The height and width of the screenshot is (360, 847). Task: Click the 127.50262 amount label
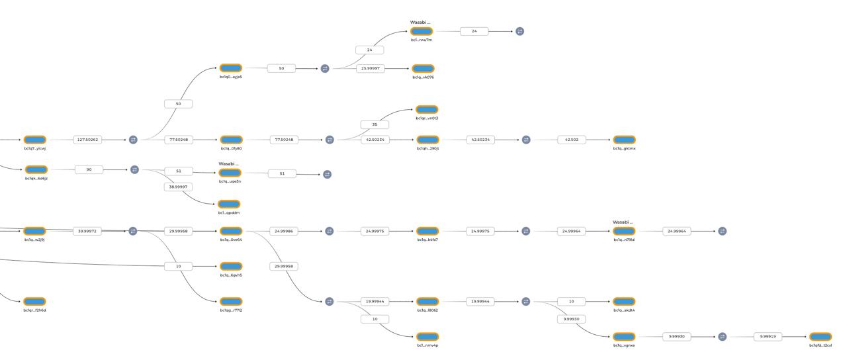pyautogui.click(x=87, y=140)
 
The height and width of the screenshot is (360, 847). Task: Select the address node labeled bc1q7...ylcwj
pyautogui.click(x=35, y=140)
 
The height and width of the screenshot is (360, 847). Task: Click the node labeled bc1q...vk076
pyautogui.click(x=423, y=68)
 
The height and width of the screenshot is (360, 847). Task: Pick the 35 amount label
pyautogui.click(x=375, y=124)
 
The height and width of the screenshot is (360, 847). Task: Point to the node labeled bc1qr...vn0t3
pyautogui.click(x=427, y=110)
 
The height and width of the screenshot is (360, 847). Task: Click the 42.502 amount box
pyautogui.click(x=571, y=140)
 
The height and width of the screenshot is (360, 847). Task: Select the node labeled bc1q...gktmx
pyautogui.click(x=624, y=140)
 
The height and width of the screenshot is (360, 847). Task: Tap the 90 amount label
pyautogui.click(x=89, y=169)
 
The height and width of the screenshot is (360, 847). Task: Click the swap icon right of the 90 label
pyautogui.click(x=134, y=169)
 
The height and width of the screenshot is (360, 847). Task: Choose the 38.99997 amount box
pyautogui.click(x=178, y=187)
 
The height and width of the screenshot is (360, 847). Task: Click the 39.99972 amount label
pyautogui.click(x=87, y=231)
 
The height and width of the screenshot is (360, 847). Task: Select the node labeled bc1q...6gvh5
pyautogui.click(x=231, y=266)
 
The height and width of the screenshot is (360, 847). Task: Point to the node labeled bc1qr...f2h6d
pyautogui.click(x=34, y=302)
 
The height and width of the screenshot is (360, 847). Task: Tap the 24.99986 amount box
pyautogui.click(x=283, y=231)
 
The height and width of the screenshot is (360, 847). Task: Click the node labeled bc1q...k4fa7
pyautogui.click(x=427, y=231)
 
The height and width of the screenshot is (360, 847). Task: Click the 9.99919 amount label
pyautogui.click(x=768, y=337)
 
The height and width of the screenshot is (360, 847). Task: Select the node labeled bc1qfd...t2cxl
pyautogui.click(x=821, y=337)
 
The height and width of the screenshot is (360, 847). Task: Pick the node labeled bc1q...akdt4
pyautogui.click(x=624, y=301)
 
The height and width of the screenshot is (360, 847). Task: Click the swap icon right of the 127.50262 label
pyautogui.click(x=133, y=140)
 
